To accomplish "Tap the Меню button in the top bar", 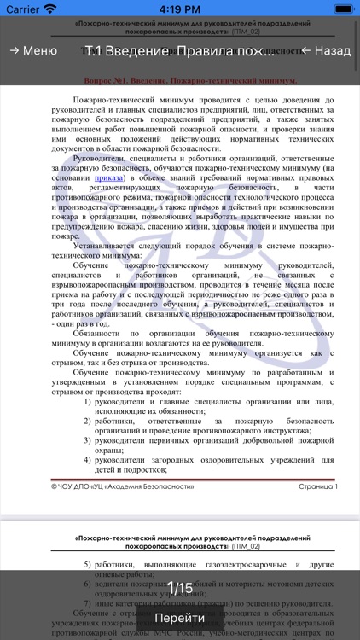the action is [33, 50].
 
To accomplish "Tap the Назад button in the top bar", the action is [325, 50].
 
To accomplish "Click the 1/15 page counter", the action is [179, 587].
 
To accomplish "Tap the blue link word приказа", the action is [112, 177].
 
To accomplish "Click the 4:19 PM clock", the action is [179, 9].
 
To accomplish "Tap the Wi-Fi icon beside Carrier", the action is [50, 9].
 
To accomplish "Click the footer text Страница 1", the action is [317, 486].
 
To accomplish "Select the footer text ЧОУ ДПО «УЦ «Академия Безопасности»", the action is [123, 486].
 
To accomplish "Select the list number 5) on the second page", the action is [89, 565].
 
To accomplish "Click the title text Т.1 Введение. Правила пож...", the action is [179, 50].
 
